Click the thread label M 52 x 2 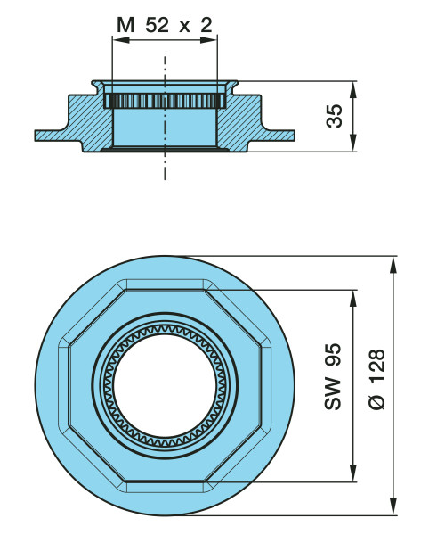[x=165, y=25]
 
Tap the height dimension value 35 [x=334, y=116]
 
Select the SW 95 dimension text [x=332, y=376]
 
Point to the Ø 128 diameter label [x=376, y=379]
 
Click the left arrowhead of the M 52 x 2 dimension [x=121, y=40]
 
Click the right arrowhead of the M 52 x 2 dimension [x=208, y=40]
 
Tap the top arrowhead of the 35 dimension [x=353, y=90]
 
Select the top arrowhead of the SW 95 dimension [x=353, y=299]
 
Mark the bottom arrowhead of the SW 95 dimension [x=353, y=473]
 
